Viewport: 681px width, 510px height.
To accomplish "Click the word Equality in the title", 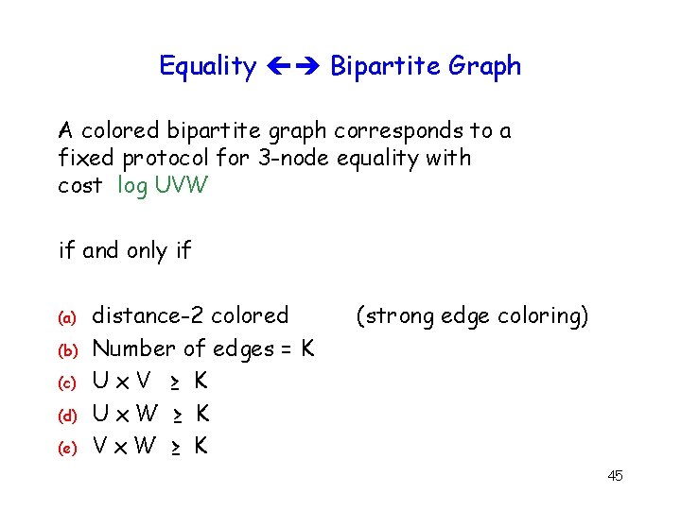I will click(207, 66).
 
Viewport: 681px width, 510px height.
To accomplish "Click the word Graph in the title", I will click(484, 66).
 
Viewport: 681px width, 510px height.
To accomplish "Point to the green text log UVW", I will click(163, 186).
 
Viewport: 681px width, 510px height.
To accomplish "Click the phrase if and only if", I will click(125, 251).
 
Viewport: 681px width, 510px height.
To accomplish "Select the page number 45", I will click(615, 475).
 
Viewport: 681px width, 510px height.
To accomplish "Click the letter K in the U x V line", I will click(200, 382).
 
